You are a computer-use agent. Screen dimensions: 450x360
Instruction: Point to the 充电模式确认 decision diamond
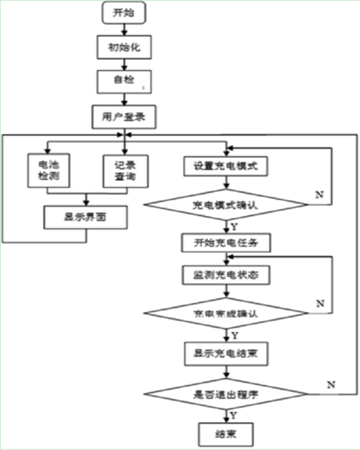pyautogui.click(x=226, y=205)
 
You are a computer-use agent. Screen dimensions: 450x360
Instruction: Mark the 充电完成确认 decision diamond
pyautogui.click(x=226, y=312)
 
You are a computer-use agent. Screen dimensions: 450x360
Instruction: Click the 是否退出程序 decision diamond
pyautogui.click(x=226, y=393)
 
